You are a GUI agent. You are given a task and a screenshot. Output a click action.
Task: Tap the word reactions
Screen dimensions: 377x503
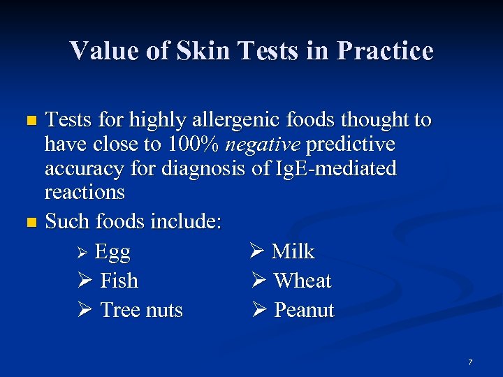[85, 192]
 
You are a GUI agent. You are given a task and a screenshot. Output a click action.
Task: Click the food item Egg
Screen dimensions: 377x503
[112, 252]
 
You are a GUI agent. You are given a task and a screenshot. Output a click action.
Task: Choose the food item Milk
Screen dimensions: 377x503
[293, 252]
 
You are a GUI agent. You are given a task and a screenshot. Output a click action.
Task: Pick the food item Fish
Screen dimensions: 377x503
[119, 281]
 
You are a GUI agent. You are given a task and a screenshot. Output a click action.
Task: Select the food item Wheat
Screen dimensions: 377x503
[302, 281]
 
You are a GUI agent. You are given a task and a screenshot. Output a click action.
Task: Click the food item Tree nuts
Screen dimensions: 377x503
[142, 311]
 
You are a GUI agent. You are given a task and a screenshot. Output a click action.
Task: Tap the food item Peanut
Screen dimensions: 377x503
[304, 311]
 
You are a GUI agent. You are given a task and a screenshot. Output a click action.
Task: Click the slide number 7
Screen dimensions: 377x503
[470, 362]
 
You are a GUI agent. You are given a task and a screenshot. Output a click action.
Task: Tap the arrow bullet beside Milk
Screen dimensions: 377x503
[257, 252]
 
